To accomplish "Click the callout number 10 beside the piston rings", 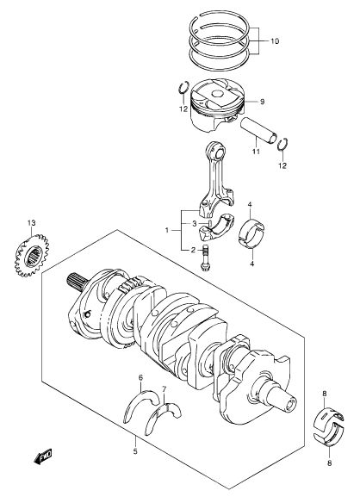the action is [x=275, y=41].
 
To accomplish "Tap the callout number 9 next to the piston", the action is [x=262, y=102].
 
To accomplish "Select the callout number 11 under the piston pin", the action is [x=256, y=152].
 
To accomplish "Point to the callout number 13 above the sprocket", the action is [x=32, y=222].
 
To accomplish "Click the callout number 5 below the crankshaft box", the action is [x=135, y=451].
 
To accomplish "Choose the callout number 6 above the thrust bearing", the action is [x=140, y=377].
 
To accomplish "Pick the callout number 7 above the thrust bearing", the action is [x=164, y=389].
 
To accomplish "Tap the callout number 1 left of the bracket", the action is [x=167, y=230].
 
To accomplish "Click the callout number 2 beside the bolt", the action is [x=193, y=250].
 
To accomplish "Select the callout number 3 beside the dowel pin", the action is [x=194, y=224].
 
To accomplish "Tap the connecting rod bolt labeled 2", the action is [x=205, y=258].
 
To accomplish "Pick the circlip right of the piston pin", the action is [x=282, y=145].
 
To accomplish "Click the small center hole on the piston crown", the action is [x=218, y=95].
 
